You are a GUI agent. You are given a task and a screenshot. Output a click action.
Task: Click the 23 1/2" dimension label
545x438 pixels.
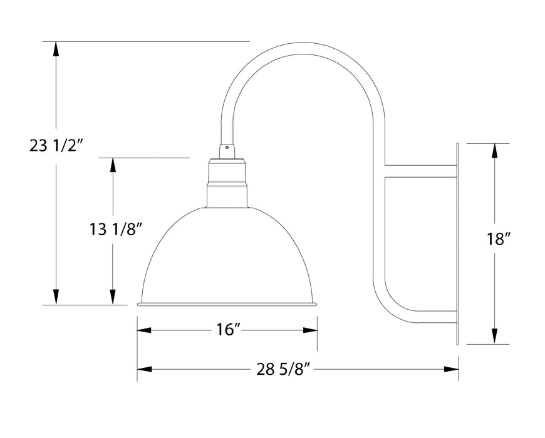click(56, 146)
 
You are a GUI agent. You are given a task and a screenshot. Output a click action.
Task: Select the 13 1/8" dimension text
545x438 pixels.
click(113, 230)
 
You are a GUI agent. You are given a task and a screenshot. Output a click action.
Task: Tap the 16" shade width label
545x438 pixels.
click(227, 330)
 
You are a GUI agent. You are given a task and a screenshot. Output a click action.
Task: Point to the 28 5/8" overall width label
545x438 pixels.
click(284, 369)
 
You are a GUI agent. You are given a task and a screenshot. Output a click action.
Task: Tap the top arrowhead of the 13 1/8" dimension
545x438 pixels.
click(113, 165)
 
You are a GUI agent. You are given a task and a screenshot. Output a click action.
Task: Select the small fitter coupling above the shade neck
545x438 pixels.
click(227, 151)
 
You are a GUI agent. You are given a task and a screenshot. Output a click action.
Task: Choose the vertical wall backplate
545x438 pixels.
click(458, 244)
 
